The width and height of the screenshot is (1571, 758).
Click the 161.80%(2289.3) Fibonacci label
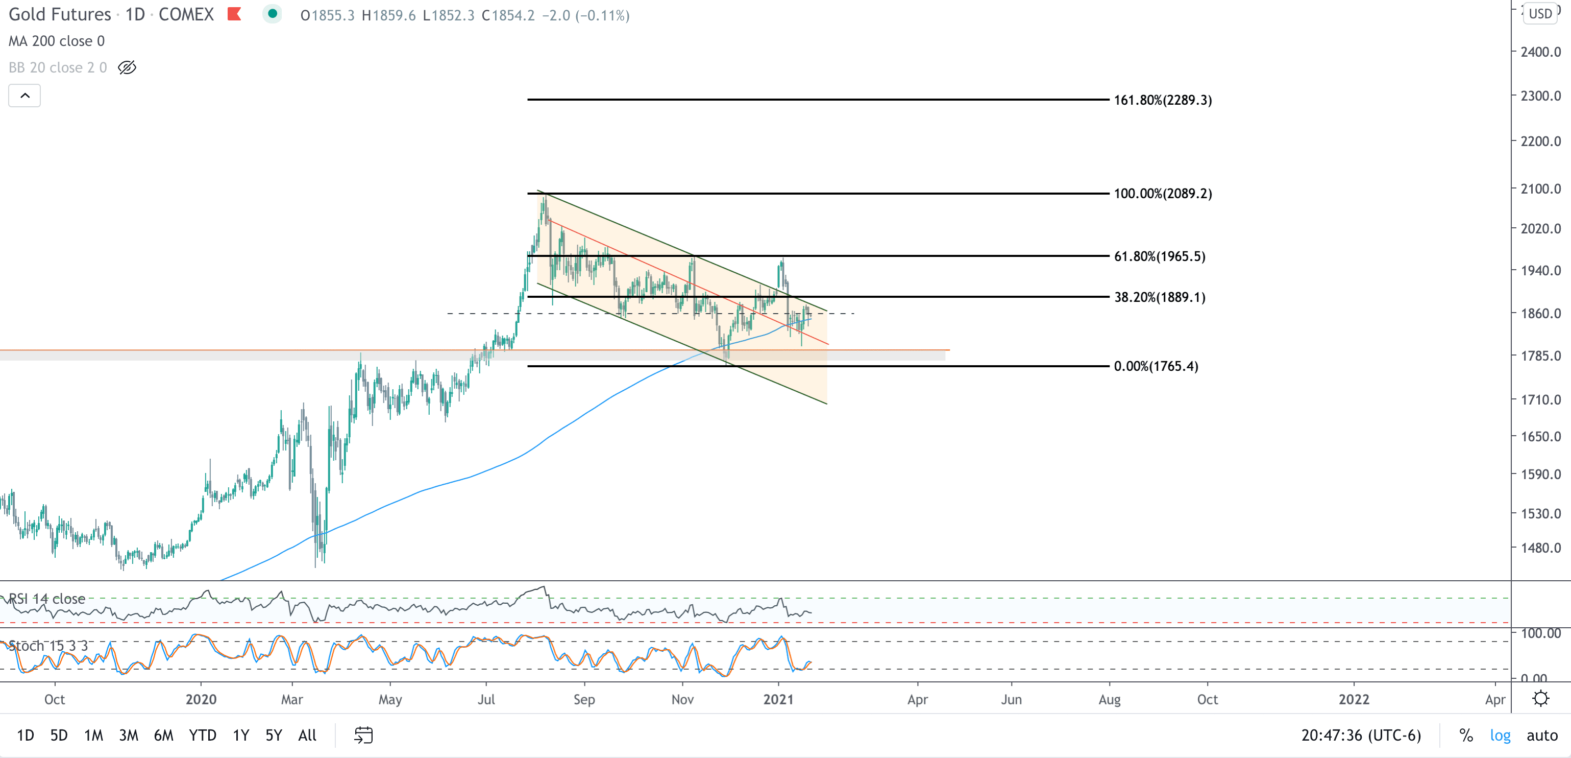click(x=1162, y=100)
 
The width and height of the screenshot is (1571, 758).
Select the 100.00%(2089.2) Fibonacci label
click(x=1162, y=194)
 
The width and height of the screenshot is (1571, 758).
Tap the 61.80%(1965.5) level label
click(x=1159, y=256)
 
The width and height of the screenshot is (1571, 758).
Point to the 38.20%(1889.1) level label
click(x=1159, y=297)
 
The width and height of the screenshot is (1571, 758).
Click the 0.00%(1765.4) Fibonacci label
click(x=1155, y=366)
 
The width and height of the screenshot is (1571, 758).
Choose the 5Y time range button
click(x=273, y=735)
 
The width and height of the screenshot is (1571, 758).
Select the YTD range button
click(x=203, y=735)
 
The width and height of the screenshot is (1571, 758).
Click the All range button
click(x=307, y=735)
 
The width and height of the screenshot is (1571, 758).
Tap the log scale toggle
click(x=1500, y=735)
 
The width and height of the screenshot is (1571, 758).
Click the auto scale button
click(x=1542, y=735)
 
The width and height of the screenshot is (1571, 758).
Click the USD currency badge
click(x=1540, y=13)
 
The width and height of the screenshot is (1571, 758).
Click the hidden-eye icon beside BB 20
click(x=127, y=67)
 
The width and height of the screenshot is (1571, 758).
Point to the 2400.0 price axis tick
click(x=1540, y=52)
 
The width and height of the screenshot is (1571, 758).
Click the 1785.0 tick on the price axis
click(x=1540, y=356)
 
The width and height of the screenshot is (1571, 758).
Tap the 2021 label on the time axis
click(x=778, y=699)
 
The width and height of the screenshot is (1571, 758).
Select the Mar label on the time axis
click(x=291, y=699)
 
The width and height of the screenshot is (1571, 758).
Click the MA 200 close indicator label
click(x=56, y=41)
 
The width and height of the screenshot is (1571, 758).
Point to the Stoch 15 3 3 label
click(x=48, y=646)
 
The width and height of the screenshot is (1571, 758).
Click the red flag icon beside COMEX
click(x=234, y=13)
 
